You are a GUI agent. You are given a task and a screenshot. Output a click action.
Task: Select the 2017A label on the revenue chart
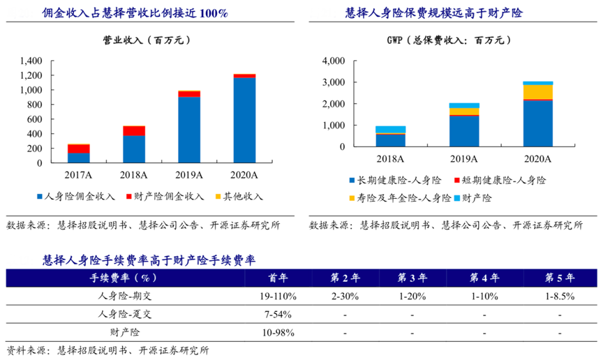[77, 174]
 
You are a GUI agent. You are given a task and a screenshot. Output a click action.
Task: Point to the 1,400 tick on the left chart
[31, 61]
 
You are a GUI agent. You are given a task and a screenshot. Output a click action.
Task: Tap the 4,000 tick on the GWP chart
[334, 61]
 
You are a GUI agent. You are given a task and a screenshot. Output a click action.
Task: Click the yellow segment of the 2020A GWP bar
[537, 91]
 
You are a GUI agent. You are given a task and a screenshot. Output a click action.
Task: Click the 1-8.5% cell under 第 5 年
[560, 296]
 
